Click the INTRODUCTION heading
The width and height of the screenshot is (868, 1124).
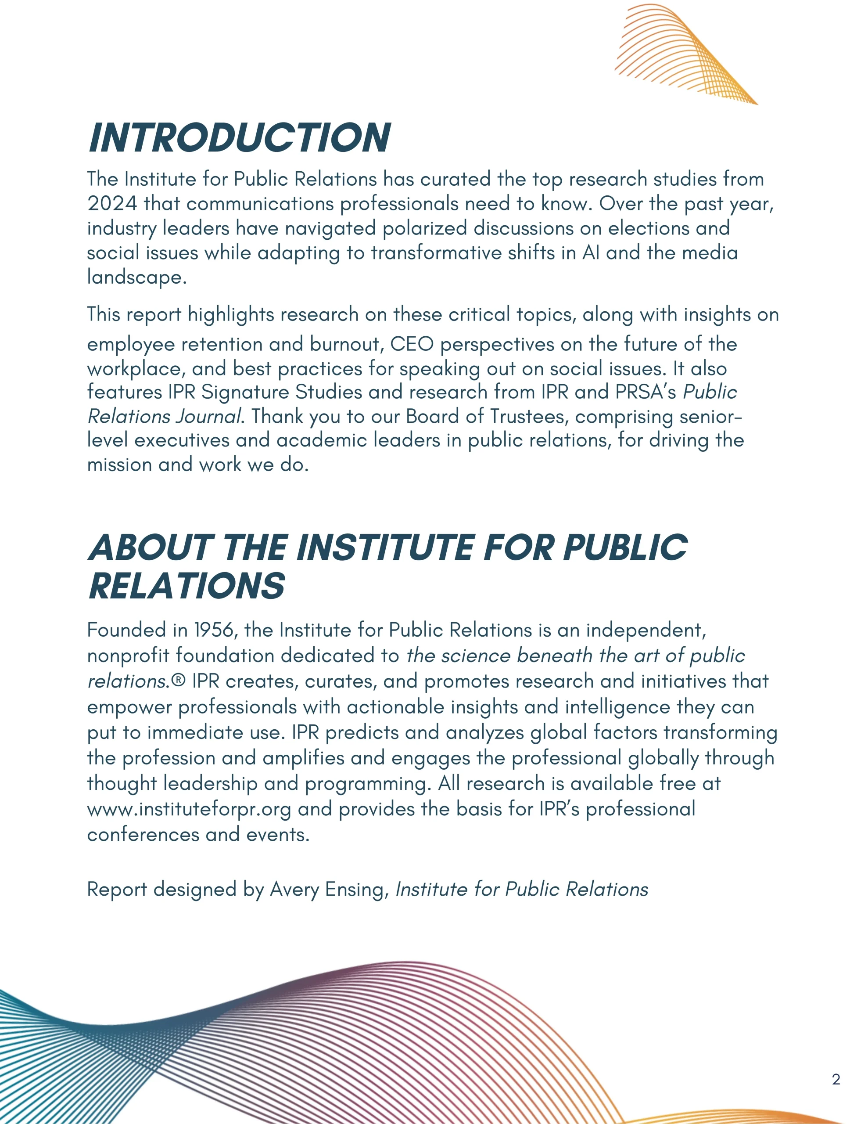click(239, 138)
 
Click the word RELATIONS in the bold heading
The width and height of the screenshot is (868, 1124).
click(186, 586)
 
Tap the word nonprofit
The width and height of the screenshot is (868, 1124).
click(128, 656)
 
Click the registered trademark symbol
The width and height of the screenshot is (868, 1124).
click(178, 681)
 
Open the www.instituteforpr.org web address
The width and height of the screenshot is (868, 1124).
click(189, 809)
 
